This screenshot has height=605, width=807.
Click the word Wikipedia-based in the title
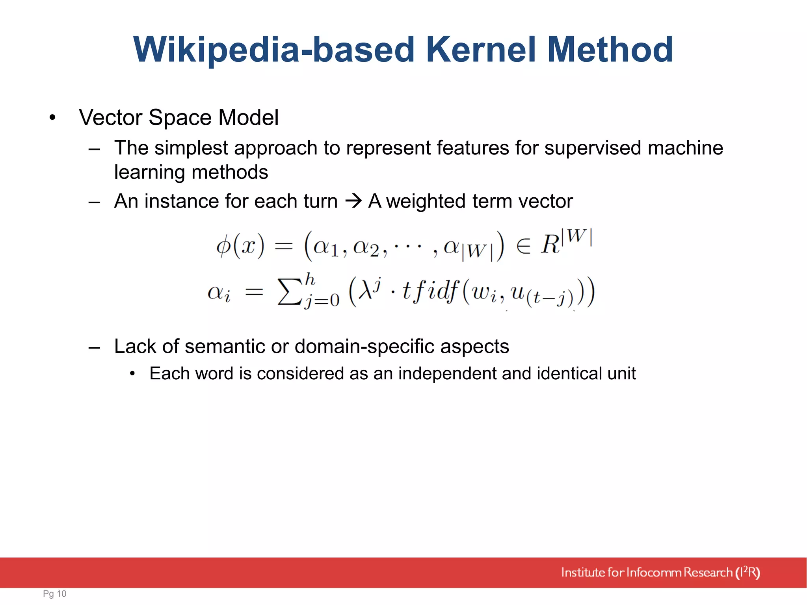pyautogui.click(x=274, y=50)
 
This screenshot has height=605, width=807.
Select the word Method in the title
pyautogui.click(x=610, y=50)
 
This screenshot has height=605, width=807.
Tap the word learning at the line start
pyautogui.click(x=148, y=173)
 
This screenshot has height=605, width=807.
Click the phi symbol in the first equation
pyautogui.click(x=223, y=246)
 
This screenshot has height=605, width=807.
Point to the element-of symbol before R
pyautogui.click(x=523, y=247)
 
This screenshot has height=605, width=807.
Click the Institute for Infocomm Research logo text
pyautogui.click(x=660, y=572)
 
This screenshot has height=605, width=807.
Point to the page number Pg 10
pyautogui.click(x=55, y=594)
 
